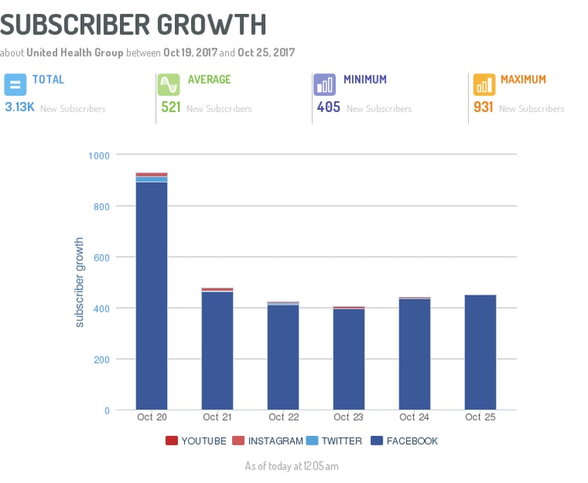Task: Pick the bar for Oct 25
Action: pos(480,352)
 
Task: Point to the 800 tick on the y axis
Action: pos(100,206)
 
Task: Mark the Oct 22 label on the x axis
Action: pos(282,417)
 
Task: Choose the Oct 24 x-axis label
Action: pos(414,417)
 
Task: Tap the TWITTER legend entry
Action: pos(335,441)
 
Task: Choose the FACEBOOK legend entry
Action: pos(405,441)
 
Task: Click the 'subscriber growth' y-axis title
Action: pos(79,282)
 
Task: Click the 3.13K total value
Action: pos(20,107)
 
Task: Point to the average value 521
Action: pos(171,107)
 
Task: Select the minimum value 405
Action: pos(328,107)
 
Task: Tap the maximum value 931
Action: pos(484,107)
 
